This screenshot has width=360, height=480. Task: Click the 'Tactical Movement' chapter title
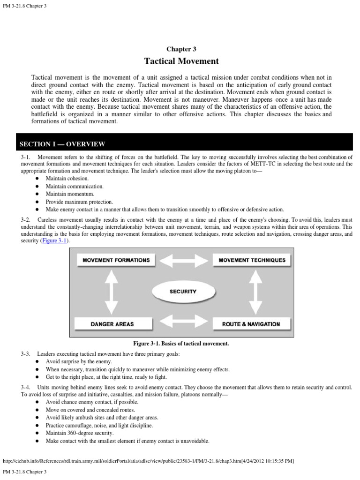(x=181, y=61)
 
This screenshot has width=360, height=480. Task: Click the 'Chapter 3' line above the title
(x=181, y=49)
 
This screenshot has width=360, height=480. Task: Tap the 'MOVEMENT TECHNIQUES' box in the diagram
(x=252, y=260)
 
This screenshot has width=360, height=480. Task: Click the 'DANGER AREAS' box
(x=112, y=324)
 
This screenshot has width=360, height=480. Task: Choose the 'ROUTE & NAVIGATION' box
(x=252, y=324)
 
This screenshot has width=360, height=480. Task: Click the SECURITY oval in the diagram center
(x=182, y=291)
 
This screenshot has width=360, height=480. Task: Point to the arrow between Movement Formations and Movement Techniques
(x=182, y=260)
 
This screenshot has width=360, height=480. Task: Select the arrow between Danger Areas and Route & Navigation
(x=182, y=323)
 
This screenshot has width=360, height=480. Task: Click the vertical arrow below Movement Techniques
(x=255, y=292)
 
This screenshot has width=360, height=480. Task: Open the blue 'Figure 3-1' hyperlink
(x=55, y=240)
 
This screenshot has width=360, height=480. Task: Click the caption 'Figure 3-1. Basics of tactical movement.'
(x=181, y=344)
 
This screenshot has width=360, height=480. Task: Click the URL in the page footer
(x=148, y=461)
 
